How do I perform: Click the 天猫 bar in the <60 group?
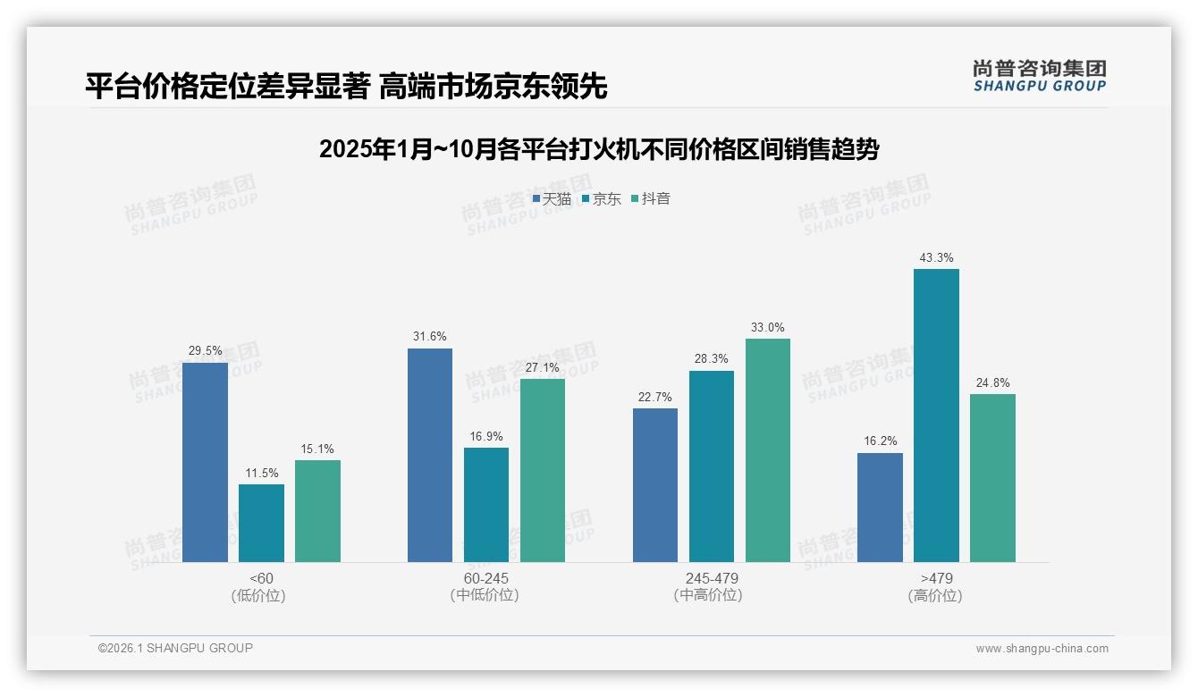205,462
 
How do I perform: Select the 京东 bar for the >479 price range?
936,416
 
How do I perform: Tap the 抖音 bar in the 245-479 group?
768,450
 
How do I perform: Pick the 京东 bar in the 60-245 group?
486,505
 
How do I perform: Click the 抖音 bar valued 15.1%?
317,511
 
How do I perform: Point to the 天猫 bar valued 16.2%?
880,508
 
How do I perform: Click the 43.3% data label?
936,258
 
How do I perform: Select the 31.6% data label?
430,337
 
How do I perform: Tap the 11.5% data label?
261,473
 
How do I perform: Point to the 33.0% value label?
768,328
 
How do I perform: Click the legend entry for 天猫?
552,199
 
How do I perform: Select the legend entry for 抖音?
651,199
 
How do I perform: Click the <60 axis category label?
261,578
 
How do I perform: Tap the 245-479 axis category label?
712,578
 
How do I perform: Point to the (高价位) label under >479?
936,596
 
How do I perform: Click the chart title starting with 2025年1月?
599,149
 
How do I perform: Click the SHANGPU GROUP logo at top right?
1039,76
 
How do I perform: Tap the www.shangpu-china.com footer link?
1042,649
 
